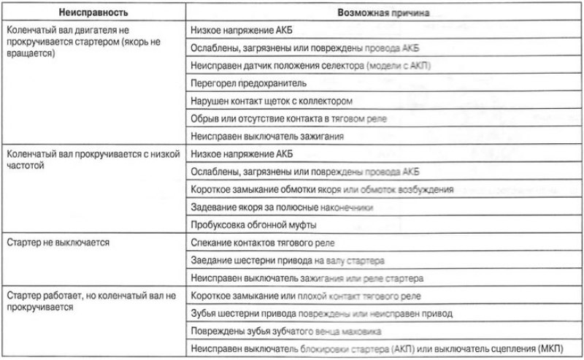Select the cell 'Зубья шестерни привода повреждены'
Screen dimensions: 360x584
tap(321, 313)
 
